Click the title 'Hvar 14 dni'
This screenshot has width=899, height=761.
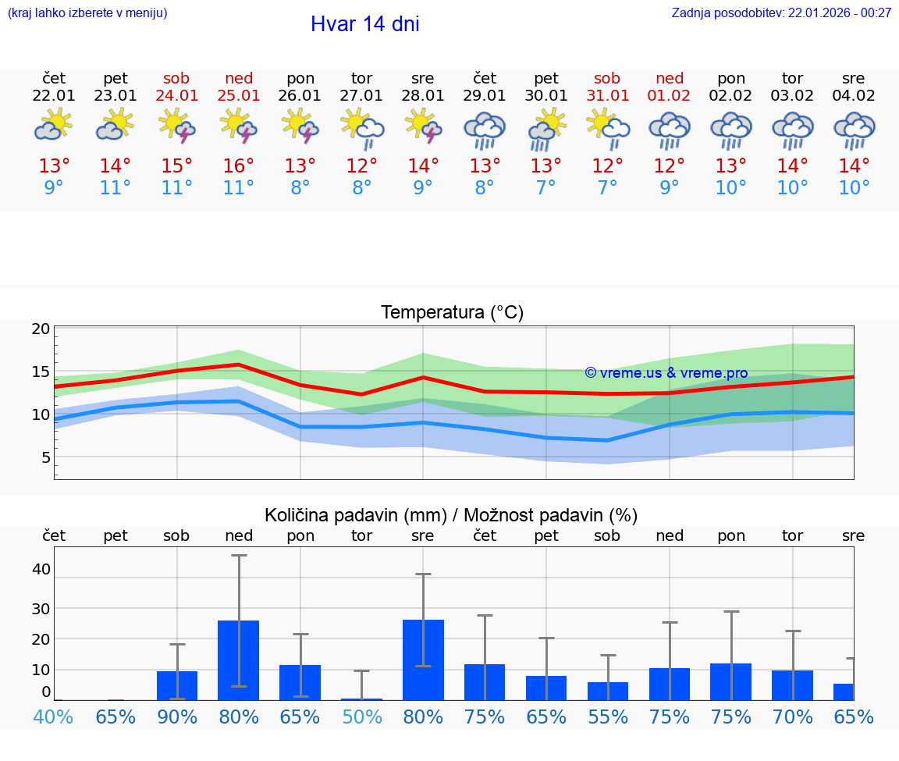point(364,24)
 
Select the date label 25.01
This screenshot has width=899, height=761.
point(239,96)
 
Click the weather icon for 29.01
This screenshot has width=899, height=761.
point(484,130)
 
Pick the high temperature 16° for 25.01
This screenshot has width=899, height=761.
point(239,166)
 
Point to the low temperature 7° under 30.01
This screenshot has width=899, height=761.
point(545,188)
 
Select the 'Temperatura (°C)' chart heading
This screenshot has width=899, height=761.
point(452,313)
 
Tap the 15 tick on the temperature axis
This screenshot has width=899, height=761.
point(41,372)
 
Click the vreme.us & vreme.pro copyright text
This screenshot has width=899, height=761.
point(666,373)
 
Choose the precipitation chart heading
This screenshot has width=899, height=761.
point(451,515)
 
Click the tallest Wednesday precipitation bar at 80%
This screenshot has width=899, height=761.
point(423,660)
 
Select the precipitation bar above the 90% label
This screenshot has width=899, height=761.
point(177,685)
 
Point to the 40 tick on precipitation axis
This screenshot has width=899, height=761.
point(41,570)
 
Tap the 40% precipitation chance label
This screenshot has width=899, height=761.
point(53,717)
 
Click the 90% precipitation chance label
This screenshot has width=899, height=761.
point(177,717)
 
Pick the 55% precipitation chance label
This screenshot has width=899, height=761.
point(607,717)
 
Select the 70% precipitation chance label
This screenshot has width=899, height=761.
point(793,717)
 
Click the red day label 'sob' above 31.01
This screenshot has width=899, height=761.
point(607,78)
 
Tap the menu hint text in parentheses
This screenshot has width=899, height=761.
point(87,12)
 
